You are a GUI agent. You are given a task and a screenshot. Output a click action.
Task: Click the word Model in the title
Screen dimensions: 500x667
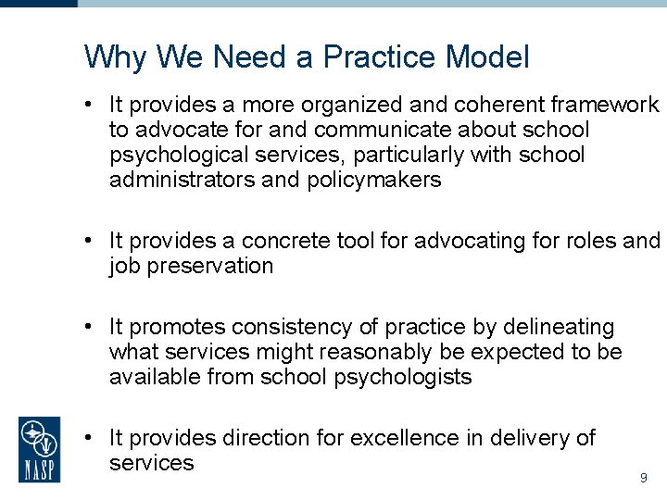click(x=487, y=57)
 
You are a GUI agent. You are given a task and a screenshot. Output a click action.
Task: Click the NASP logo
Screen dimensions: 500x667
click(x=40, y=449)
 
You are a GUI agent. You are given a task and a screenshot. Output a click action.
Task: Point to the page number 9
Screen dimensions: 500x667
click(x=643, y=479)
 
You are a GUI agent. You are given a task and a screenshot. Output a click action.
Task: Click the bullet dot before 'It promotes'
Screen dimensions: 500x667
click(x=84, y=327)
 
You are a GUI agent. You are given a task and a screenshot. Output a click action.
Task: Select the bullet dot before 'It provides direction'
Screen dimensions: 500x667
click(x=84, y=437)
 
